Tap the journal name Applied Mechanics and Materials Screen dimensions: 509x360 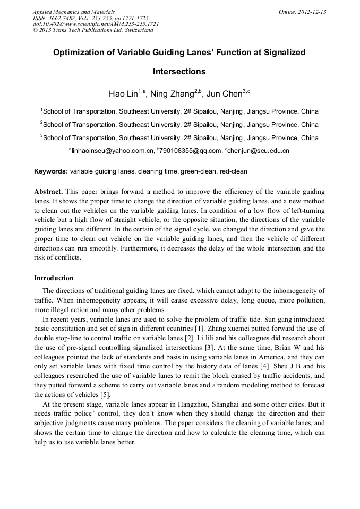pos(74,12)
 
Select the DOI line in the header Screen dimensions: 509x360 pos(96,24)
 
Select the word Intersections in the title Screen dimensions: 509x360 pos(179,71)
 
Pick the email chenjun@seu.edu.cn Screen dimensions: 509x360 pos(258,151)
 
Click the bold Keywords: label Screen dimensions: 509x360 pos(51,172)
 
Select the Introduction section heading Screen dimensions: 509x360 pos(54,278)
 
